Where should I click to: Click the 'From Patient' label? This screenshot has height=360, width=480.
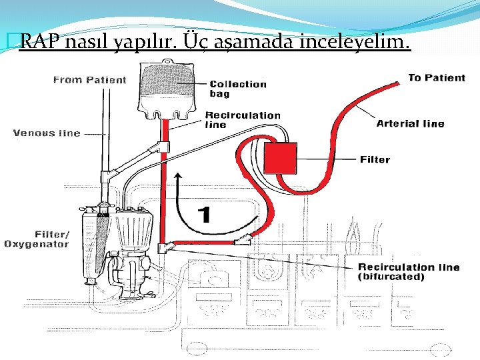[x=89, y=80]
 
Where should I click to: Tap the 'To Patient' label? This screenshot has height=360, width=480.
[x=436, y=78]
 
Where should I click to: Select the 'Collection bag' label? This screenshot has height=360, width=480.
[x=238, y=89]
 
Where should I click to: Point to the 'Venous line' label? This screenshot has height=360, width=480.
[x=47, y=133]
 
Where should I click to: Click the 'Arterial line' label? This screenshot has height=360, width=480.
[x=410, y=123]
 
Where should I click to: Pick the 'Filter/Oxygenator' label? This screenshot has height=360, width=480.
[x=37, y=239]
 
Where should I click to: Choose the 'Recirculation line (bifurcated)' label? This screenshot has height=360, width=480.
[x=409, y=272]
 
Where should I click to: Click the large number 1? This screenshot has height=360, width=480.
[x=205, y=215]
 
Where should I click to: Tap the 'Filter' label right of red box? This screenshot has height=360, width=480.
[x=375, y=159]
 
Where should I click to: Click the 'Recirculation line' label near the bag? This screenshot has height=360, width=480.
[x=242, y=119]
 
